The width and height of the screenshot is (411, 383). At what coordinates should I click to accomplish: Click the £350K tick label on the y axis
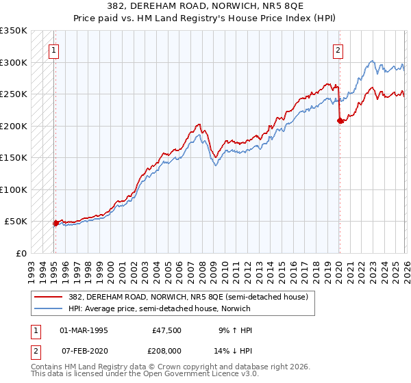(14, 31)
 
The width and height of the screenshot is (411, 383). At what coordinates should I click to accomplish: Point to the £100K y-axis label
(14, 189)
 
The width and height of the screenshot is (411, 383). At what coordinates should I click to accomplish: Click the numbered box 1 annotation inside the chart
(53, 49)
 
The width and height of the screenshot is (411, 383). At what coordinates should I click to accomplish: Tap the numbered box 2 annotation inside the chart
(338, 49)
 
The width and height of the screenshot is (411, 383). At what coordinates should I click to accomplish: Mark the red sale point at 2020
(340, 121)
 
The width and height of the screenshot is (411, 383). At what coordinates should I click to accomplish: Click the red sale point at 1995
(55, 223)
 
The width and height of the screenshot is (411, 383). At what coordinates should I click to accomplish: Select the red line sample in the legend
(49, 297)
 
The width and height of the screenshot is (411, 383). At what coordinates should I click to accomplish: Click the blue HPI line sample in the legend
(49, 308)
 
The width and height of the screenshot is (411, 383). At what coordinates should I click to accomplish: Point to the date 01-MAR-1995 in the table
(84, 330)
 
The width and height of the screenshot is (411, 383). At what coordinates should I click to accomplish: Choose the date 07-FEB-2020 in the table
(84, 349)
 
